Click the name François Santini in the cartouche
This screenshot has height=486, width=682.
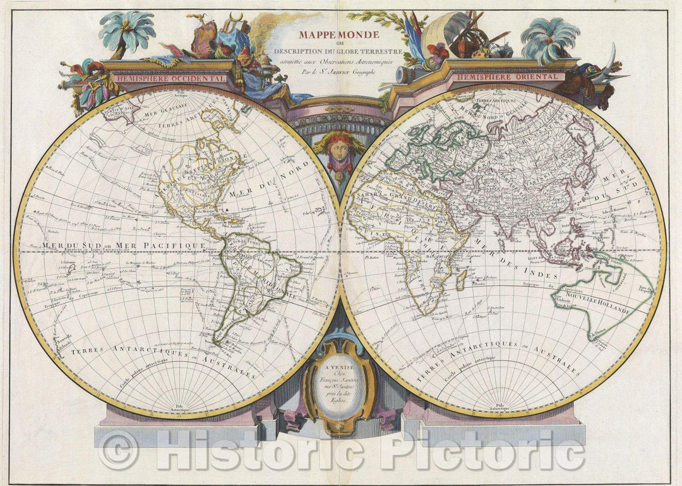pyautogui.click(x=340, y=384)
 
